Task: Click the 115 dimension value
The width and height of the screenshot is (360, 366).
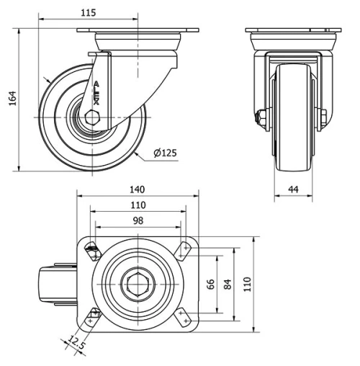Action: (x=89, y=13)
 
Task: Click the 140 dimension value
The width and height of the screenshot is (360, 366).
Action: (x=137, y=189)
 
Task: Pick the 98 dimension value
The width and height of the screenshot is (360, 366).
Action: (x=137, y=221)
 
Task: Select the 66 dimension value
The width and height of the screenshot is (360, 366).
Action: (x=211, y=285)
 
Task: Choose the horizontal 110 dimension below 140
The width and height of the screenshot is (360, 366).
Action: (x=137, y=205)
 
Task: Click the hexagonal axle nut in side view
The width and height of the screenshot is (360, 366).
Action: (x=92, y=117)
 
